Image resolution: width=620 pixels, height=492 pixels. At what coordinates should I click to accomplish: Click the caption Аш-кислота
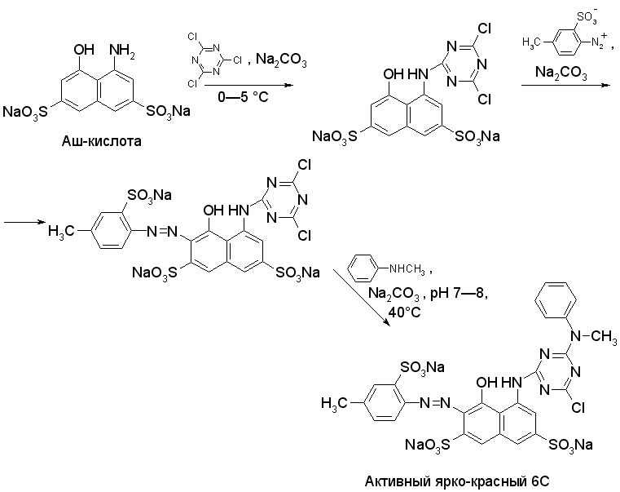click(102, 140)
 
